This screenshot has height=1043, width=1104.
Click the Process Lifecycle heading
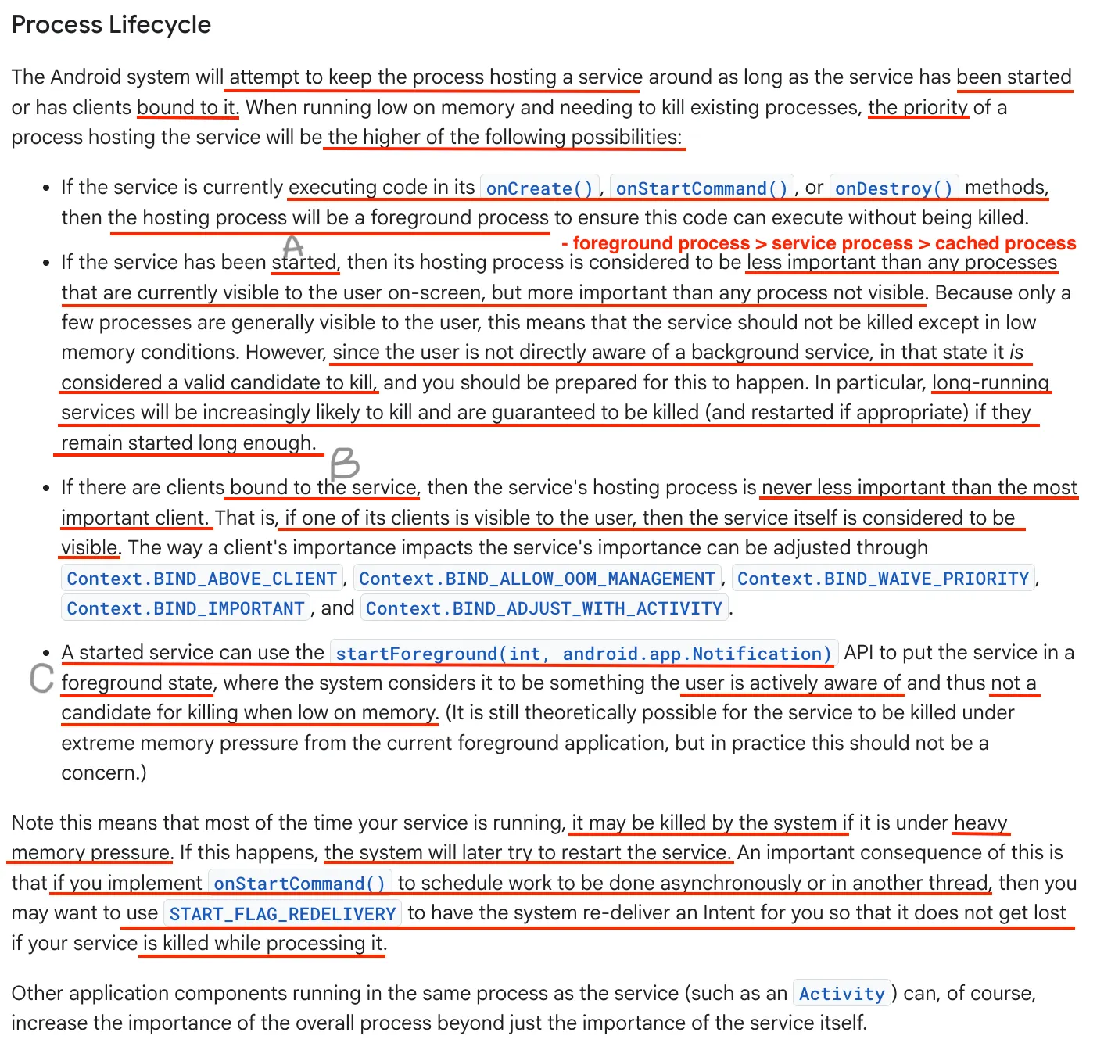(x=111, y=25)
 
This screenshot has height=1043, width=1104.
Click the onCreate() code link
(x=539, y=188)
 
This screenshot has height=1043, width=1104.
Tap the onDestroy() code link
(x=894, y=188)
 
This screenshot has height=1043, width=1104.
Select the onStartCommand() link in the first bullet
(x=701, y=188)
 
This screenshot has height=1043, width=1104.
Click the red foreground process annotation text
(x=819, y=244)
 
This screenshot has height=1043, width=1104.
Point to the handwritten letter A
(x=293, y=246)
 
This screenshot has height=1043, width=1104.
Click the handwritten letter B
(x=344, y=464)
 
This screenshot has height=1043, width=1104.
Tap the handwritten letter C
(x=41, y=678)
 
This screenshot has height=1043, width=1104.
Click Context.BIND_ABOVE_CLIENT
(x=202, y=579)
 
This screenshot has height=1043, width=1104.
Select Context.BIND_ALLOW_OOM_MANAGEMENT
(x=537, y=579)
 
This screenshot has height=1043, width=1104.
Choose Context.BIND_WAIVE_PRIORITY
(x=884, y=579)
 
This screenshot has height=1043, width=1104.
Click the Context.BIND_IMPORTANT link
(x=185, y=608)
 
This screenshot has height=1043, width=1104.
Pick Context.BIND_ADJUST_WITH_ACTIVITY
(x=544, y=608)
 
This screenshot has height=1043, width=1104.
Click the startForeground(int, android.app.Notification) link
(x=583, y=654)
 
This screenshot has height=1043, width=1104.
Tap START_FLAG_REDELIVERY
(x=282, y=914)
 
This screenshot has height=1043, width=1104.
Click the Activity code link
(x=841, y=994)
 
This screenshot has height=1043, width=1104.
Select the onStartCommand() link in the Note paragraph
(x=299, y=884)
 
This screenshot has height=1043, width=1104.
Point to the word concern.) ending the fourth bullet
(x=104, y=773)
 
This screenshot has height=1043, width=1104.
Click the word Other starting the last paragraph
(x=36, y=994)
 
